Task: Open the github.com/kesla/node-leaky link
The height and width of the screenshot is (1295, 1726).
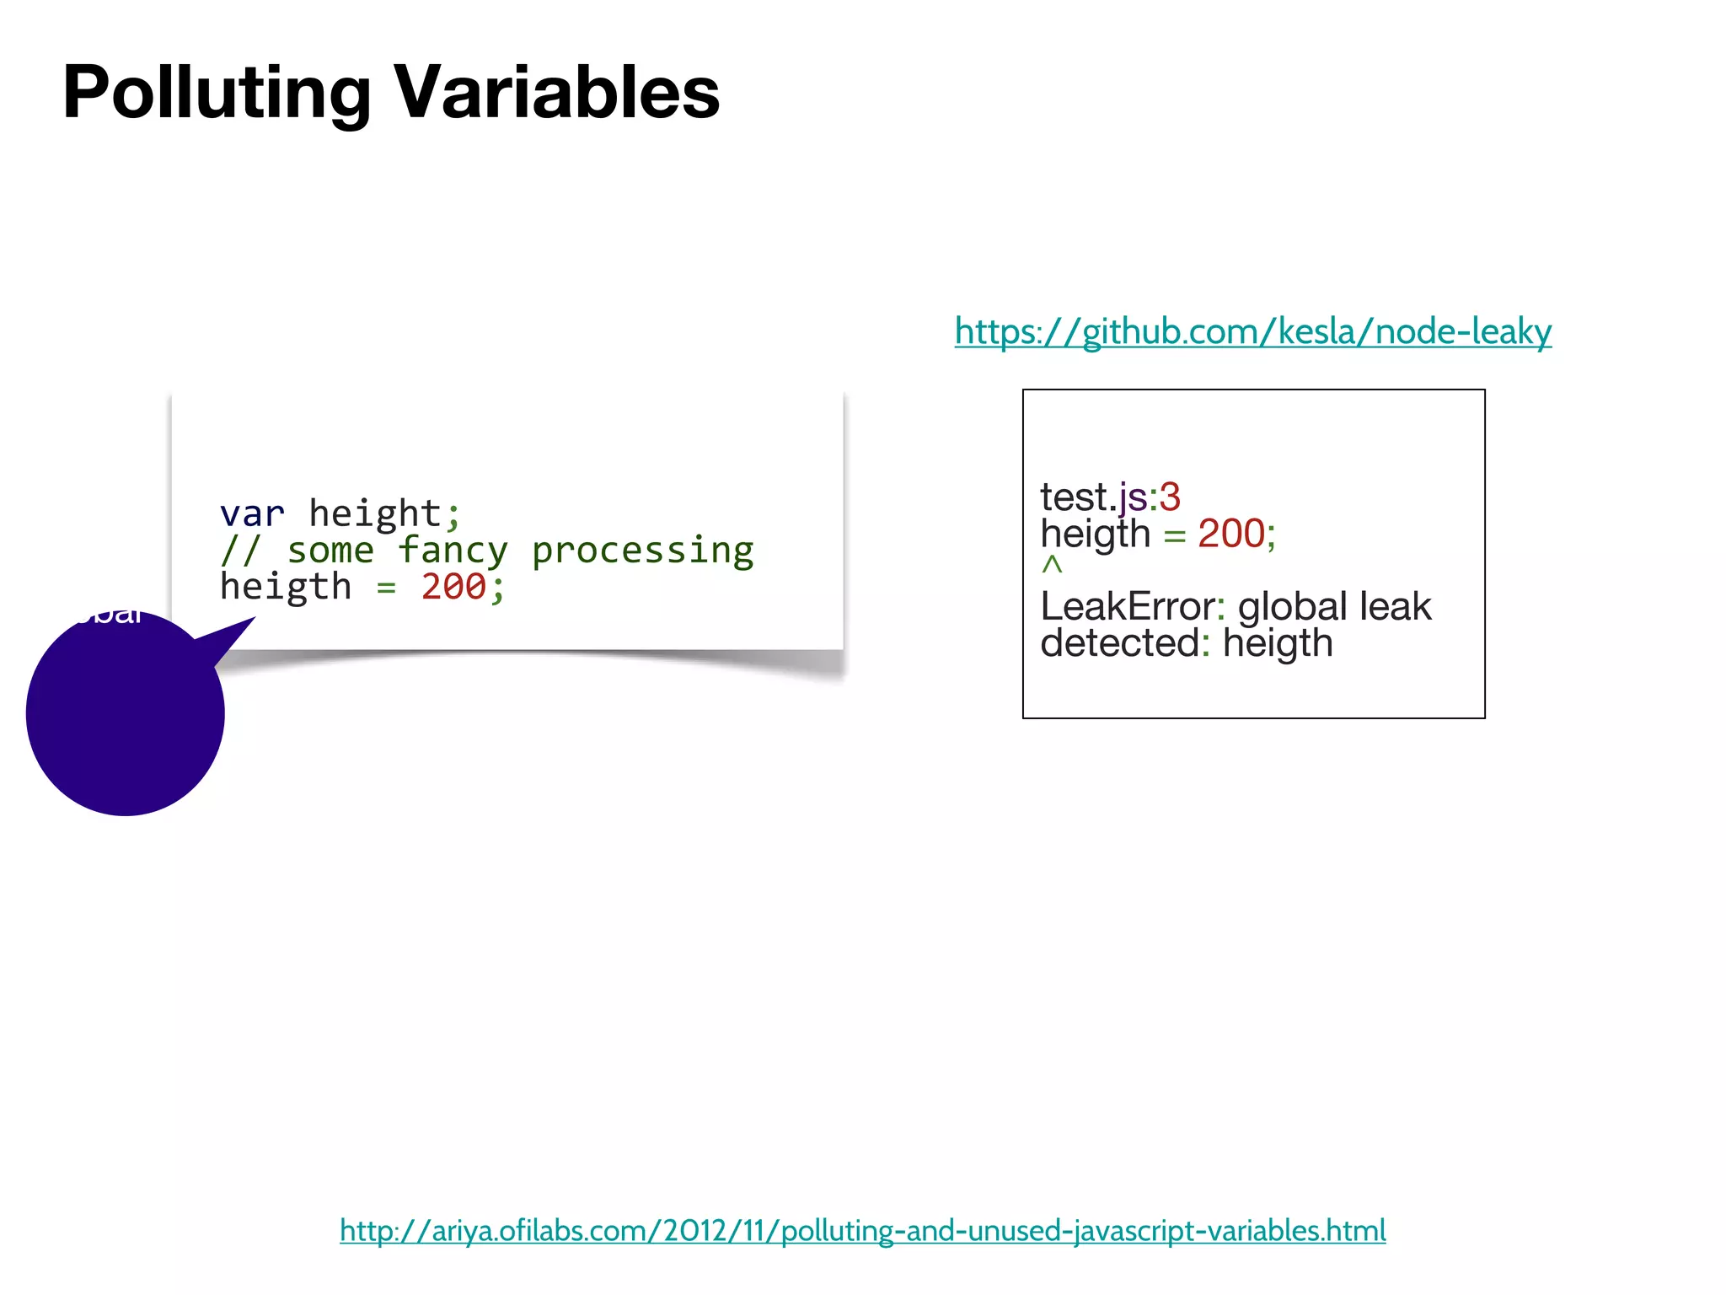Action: (x=1252, y=331)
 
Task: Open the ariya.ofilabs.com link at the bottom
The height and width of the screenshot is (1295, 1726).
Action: (x=862, y=1231)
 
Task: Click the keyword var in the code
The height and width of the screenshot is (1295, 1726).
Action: (x=252, y=513)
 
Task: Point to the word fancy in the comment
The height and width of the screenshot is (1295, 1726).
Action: (x=453, y=551)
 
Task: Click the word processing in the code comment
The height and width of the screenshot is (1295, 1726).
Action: (x=642, y=551)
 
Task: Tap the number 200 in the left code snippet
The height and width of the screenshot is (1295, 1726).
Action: (x=453, y=587)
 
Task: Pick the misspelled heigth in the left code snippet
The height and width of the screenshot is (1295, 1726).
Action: (x=286, y=587)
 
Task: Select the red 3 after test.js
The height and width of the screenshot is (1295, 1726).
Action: (x=1170, y=497)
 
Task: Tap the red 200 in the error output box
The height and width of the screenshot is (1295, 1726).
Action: (x=1231, y=534)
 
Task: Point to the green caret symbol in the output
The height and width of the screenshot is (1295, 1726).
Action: (x=1052, y=565)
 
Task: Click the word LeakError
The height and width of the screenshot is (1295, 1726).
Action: (x=1128, y=606)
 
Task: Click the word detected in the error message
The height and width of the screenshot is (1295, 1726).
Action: (x=1119, y=643)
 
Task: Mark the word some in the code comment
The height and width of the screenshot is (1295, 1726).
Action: (x=330, y=551)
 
